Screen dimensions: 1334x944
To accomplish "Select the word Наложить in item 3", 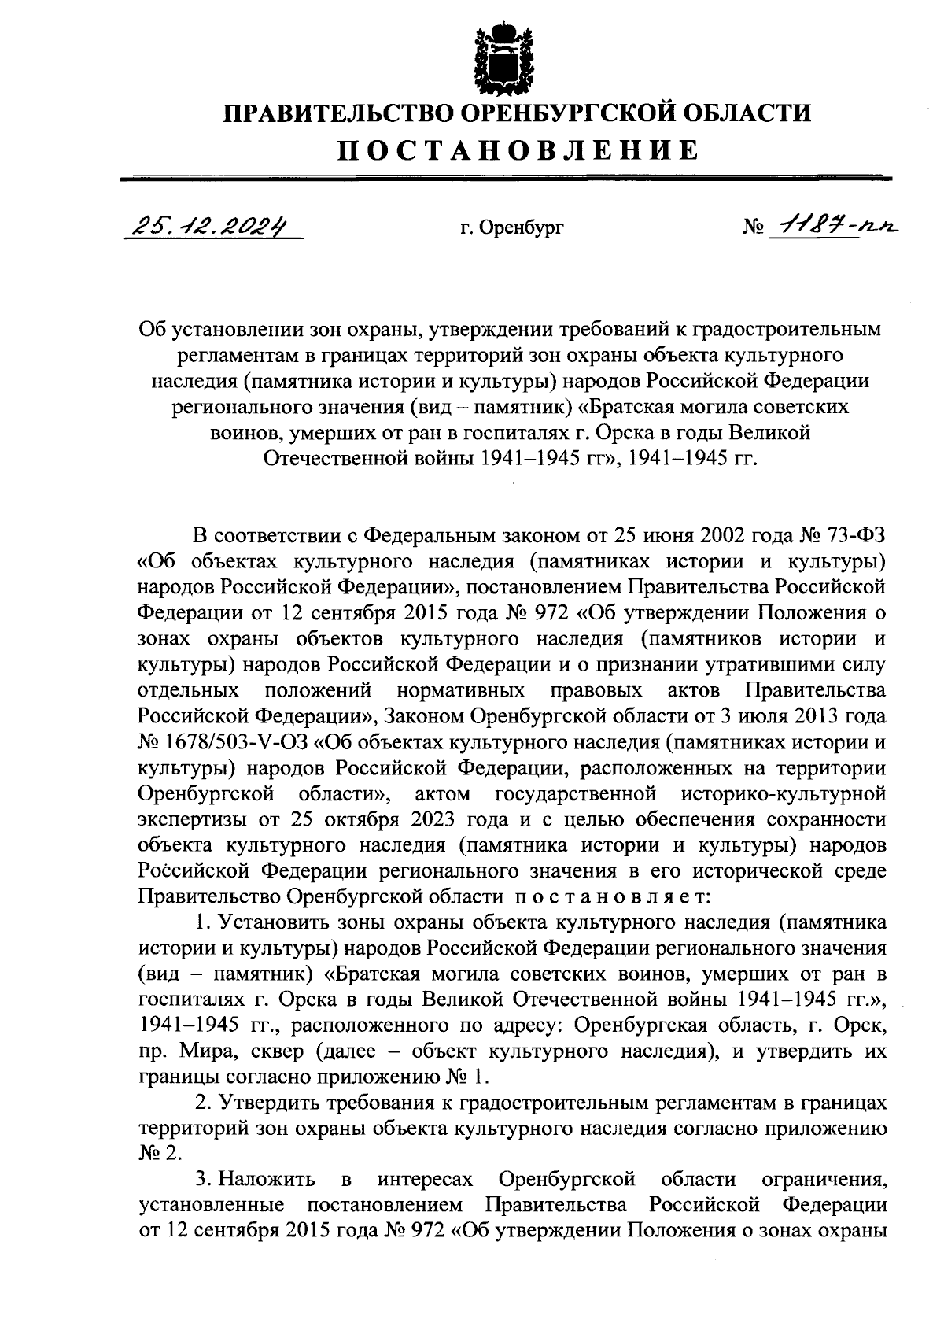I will point(267,1180).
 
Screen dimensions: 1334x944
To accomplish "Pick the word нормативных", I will point(461,691).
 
